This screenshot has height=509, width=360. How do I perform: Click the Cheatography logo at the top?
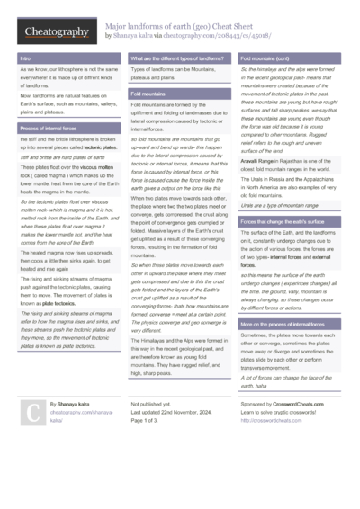click(x=56, y=31)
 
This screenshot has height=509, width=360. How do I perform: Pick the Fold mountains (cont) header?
click(x=264, y=58)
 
